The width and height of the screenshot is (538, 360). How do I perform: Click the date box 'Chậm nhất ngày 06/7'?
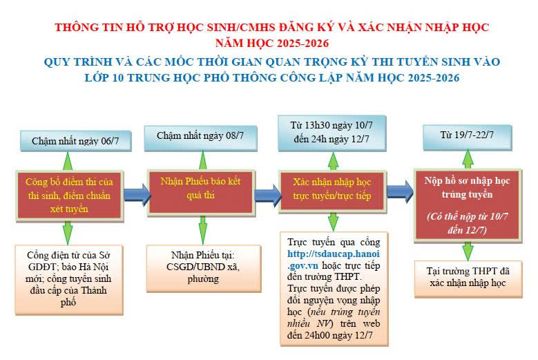click(67, 141)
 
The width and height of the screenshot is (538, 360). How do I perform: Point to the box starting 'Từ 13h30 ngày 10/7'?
click(333, 131)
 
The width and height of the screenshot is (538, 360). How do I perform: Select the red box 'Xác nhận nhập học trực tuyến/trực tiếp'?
click(333, 189)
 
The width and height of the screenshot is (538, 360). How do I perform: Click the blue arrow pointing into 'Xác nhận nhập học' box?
click(266, 191)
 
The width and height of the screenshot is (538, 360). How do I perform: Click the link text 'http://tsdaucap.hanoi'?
click(333, 254)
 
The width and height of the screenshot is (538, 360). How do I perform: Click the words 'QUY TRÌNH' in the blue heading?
click(75, 62)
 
